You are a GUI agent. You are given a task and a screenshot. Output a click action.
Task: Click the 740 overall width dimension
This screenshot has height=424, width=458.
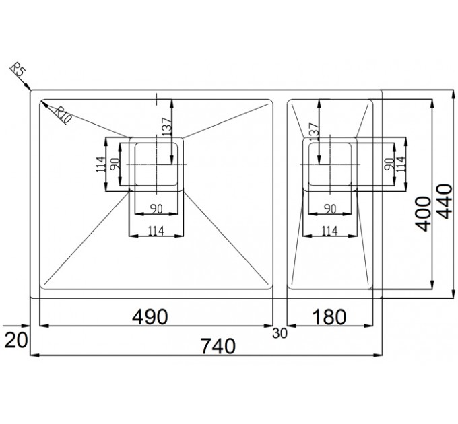pos(218,346)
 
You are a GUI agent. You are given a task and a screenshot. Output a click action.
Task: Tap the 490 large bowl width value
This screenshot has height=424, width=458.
pos(150,317)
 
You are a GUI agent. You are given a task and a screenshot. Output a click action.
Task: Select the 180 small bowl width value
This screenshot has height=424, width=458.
pos(329,317)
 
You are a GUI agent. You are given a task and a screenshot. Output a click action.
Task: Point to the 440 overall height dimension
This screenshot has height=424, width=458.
pos(445,201)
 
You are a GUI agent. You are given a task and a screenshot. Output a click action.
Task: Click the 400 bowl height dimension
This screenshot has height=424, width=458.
pos(423,214)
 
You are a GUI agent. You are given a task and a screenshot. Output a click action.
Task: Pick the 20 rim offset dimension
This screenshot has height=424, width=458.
pos(16,341)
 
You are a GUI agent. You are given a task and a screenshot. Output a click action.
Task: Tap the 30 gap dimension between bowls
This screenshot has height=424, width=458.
pos(280,333)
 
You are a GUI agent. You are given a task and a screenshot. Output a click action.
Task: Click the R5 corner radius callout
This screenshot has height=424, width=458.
pos(18,71)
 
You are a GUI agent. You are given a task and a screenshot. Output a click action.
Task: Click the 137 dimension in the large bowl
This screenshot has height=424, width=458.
pos(167,127)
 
